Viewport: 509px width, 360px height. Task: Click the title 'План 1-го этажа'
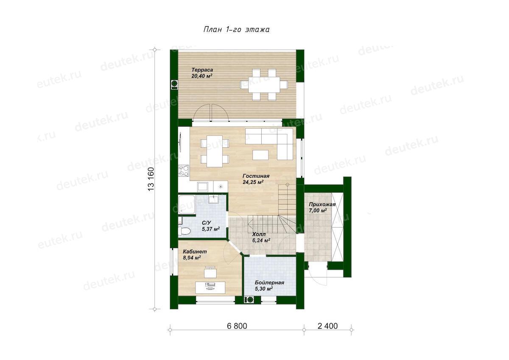pyautogui.click(x=237, y=30)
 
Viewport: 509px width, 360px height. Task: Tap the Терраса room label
pyautogui.click(x=202, y=70)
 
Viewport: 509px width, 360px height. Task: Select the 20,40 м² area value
pyautogui.click(x=202, y=76)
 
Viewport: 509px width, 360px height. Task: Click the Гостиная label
pyautogui.click(x=256, y=176)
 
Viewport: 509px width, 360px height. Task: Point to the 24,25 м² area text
pyautogui.click(x=253, y=182)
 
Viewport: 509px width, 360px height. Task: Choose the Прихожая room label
pyautogui.click(x=322, y=205)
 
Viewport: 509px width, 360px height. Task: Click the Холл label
pyautogui.click(x=259, y=234)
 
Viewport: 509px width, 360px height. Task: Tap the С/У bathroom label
pyautogui.click(x=206, y=223)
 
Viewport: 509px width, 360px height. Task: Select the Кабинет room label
pyautogui.click(x=195, y=251)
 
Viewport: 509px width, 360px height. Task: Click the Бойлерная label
pyautogui.click(x=269, y=283)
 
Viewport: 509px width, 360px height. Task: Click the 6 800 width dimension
pyautogui.click(x=237, y=326)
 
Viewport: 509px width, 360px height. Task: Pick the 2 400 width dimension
pyautogui.click(x=327, y=326)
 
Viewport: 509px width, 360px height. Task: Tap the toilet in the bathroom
pyautogui.click(x=185, y=231)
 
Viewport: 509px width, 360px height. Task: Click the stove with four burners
pyautogui.click(x=184, y=170)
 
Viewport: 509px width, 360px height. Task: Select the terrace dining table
pyautogui.click(x=264, y=84)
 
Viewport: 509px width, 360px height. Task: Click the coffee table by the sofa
pyautogui.click(x=260, y=155)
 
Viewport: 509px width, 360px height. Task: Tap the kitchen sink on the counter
pyautogui.click(x=202, y=187)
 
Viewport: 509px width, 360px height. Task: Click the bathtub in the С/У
pyautogui.click(x=187, y=204)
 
